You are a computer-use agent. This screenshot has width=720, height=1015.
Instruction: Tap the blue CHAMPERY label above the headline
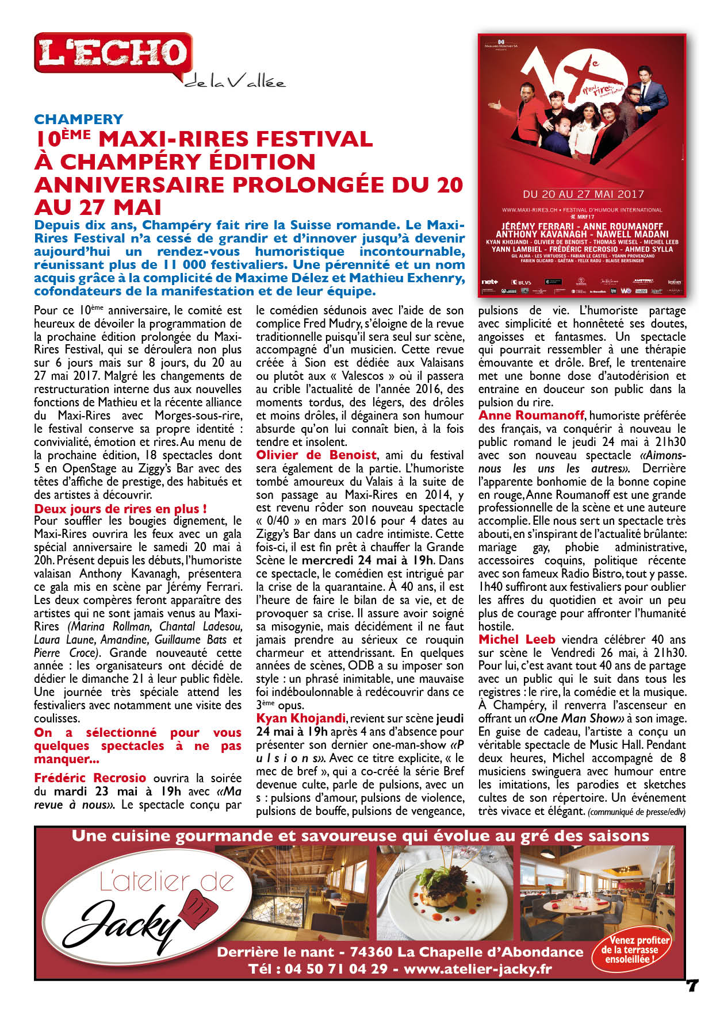pyautogui.click(x=78, y=119)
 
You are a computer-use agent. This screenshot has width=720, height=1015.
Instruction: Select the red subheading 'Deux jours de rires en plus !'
pyautogui.click(x=120, y=509)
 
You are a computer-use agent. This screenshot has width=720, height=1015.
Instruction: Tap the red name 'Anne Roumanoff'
pyautogui.click(x=531, y=415)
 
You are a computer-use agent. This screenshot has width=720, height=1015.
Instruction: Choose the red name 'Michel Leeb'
pyautogui.click(x=516, y=639)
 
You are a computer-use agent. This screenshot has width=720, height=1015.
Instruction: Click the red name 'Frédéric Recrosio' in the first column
pyautogui.click(x=90, y=778)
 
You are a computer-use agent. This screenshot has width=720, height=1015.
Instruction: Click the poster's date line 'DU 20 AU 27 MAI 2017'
pyautogui.click(x=583, y=194)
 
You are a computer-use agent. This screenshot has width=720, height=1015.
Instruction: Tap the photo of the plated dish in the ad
pyautogui.click(x=445, y=893)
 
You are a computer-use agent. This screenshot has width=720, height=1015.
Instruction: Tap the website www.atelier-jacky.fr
pyautogui.click(x=477, y=968)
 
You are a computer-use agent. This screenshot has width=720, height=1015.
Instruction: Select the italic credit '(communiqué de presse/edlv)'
pyautogui.click(x=637, y=812)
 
